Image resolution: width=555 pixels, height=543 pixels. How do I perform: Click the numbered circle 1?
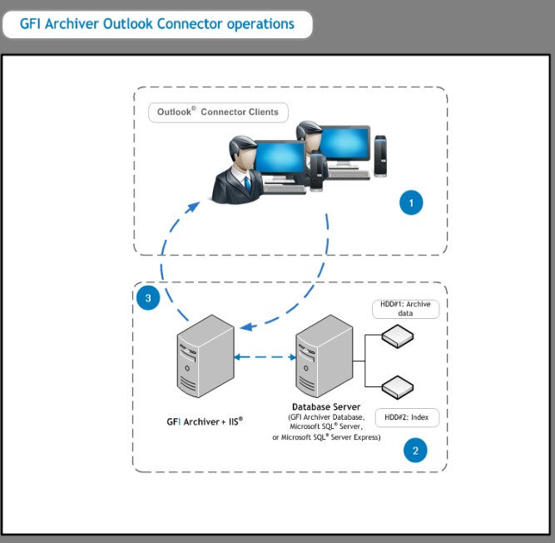pos(411,202)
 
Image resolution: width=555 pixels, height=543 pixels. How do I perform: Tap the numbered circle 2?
pos(415,451)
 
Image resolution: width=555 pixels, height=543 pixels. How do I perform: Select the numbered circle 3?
pos(148,298)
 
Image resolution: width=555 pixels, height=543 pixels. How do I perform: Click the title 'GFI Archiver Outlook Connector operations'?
pos(156,24)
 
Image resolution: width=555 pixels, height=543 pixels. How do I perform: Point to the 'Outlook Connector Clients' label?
pos(218,112)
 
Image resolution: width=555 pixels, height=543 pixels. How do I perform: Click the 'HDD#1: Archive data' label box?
pos(405,309)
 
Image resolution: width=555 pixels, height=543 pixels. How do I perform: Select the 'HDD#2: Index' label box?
pos(407,417)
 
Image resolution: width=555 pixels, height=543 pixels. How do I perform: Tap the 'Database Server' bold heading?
pos(326,406)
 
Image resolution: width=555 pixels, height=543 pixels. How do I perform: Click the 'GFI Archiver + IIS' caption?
pos(205,421)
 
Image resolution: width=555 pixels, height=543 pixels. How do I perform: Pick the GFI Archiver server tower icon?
pos(206,356)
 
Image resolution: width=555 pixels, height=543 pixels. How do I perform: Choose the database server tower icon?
pos(325,356)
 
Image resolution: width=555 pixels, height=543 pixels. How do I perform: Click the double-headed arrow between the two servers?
pos(265,357)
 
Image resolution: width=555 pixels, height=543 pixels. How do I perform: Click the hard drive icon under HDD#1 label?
pos(398,336)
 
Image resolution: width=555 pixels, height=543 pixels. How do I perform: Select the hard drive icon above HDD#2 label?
pos(398,387)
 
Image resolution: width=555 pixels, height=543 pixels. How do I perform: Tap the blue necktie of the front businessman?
pos(248,185)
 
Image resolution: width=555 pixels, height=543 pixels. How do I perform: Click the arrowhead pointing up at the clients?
pos(194,207)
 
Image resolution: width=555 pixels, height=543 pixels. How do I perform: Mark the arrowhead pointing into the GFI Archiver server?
pos(248,326)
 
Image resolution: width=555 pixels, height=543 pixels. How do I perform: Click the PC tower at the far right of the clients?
pos(380,156)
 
